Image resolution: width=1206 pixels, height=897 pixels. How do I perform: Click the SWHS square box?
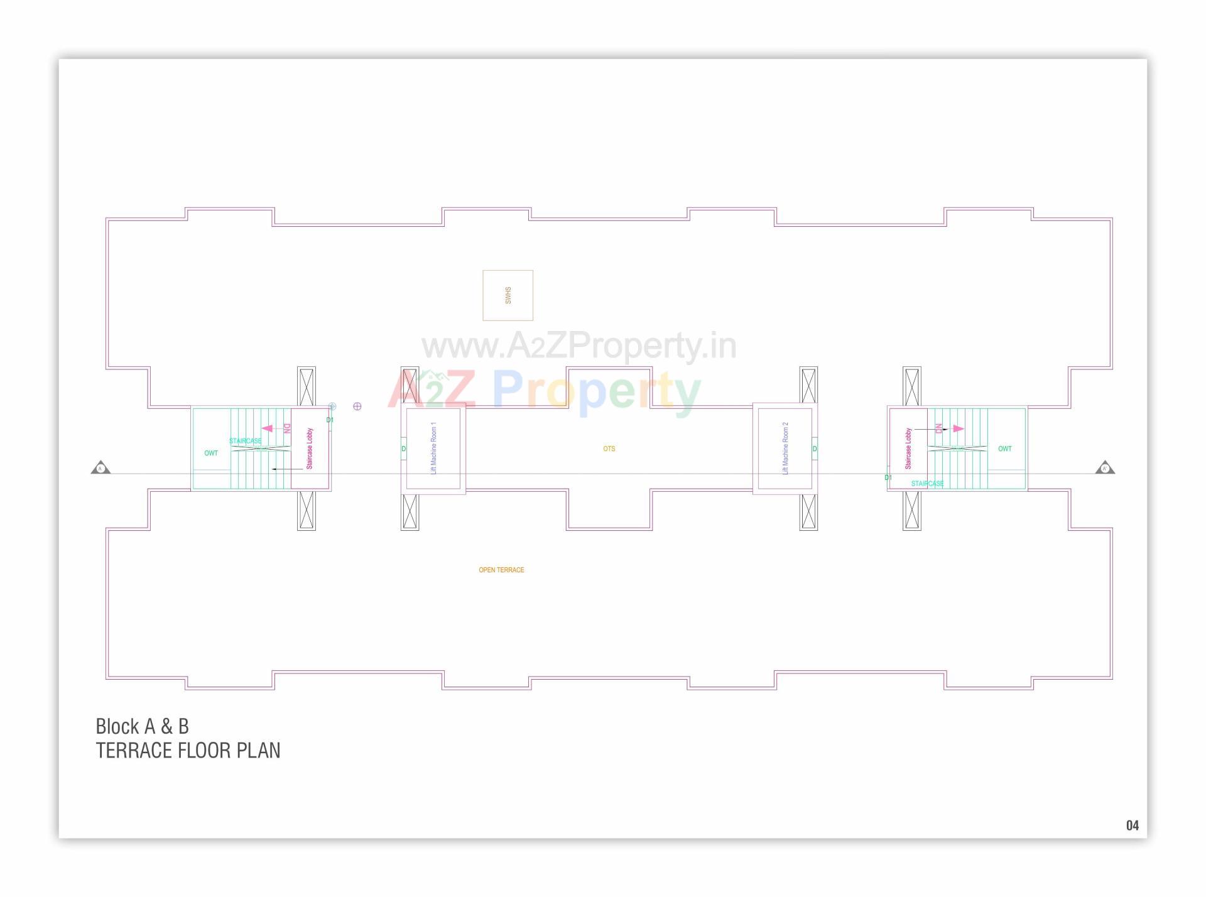point(508,295)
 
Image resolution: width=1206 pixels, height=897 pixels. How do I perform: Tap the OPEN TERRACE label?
point(501,570)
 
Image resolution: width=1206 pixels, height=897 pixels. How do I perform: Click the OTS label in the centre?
point(609,448)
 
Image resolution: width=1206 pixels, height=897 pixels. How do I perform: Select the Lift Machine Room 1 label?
point(433,448)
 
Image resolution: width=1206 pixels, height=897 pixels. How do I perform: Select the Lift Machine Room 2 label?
point(785,448)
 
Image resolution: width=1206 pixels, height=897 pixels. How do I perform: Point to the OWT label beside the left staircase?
point(211,453)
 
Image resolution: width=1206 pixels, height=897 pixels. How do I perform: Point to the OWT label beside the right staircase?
point(1005,448)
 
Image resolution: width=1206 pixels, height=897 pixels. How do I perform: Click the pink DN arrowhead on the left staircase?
point(268,428)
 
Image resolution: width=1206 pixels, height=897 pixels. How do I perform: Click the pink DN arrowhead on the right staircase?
point(958,428)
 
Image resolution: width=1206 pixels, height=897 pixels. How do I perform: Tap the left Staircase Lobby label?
point(309,448)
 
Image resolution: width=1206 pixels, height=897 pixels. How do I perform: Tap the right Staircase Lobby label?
point(908,448)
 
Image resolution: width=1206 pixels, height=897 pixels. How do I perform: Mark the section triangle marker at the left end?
point(100,468)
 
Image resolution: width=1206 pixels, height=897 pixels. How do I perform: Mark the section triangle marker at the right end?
point(1105,468)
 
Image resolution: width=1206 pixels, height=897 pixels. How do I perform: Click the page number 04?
point(1132,825)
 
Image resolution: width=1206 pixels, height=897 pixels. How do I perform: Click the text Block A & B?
point(142,726)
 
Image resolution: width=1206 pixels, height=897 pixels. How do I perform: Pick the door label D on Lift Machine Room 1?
point(403,448)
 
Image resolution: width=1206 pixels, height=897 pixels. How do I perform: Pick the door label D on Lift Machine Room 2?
point(815,448)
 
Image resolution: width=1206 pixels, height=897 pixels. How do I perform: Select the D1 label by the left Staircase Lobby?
point(330,420)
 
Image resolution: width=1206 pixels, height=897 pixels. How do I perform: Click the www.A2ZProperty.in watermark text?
point(579,345)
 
